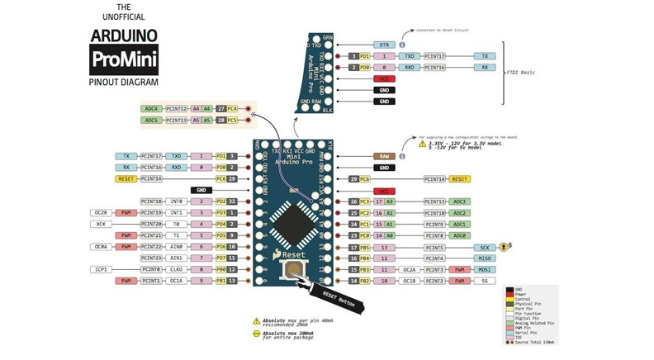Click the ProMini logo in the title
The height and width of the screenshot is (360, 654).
123,60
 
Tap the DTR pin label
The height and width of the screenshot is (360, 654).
384,45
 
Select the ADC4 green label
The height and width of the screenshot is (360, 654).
151,109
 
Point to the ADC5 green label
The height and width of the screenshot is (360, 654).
151,121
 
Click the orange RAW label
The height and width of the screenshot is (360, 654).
384,156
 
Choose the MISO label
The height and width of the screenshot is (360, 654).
485,258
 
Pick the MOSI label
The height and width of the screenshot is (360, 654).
485,270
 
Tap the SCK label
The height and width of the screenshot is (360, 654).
485,248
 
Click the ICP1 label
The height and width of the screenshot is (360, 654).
101,269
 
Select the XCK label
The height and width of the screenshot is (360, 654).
101,224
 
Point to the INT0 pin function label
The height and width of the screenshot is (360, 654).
176,201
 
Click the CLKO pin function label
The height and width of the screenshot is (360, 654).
176,269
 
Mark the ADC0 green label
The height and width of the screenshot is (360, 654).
460,235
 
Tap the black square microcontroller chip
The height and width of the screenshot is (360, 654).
294,223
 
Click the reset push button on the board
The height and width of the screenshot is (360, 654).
293,271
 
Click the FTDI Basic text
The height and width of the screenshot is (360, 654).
521,73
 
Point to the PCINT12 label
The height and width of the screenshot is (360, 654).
176,109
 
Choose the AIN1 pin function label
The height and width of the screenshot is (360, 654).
176,258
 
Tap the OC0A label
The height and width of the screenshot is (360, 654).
101,247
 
